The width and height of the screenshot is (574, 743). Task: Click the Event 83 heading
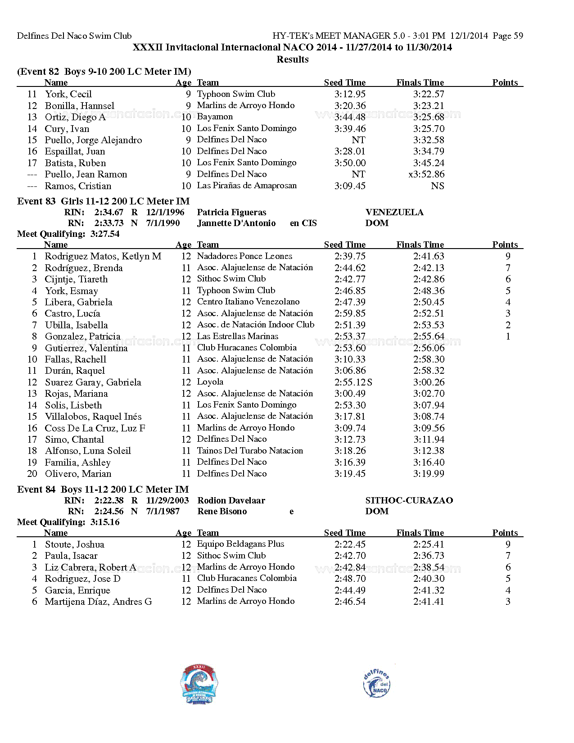click(x=103, y=201)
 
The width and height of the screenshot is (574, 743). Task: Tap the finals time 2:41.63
click(x=429, y=256)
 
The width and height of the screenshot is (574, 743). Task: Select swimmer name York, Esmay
click(x=71, y=291)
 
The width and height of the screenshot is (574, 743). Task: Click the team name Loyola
click(x=210, y=382)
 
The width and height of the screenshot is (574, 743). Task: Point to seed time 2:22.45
click(x=350, y=544)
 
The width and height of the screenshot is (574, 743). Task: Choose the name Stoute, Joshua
click(x=74, y=544)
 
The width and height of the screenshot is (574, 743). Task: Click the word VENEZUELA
click(x=394, y=213)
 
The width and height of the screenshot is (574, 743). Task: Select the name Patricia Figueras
click(x=231, y=213)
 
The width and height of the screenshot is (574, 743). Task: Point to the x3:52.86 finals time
click(x=426, y=174)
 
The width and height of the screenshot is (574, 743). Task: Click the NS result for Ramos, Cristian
click(x=437, y=186)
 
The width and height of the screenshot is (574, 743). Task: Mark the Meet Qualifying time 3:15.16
click(x=105, y=522)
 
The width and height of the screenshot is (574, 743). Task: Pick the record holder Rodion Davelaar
click(x=231, y=501)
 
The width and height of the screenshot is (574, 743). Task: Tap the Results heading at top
click(x=293, y=59)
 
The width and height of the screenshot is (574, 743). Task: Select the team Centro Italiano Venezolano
click(x=248, y=302)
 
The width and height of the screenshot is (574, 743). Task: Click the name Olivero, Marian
click(x=78, y=474)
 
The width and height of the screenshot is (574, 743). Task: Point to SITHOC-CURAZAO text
click(x=409, y=501)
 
